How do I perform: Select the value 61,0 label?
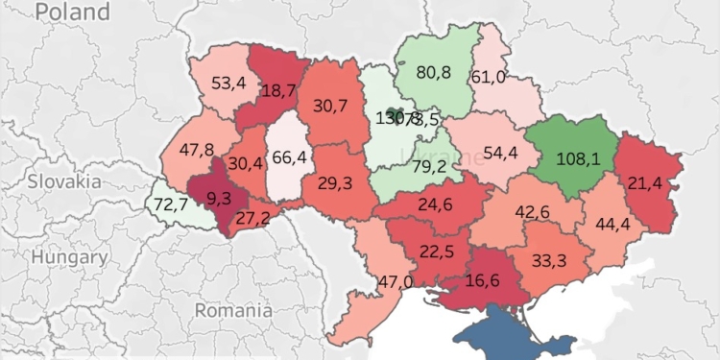[x=499, y=78]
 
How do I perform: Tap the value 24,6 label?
[x=434, y=204]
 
